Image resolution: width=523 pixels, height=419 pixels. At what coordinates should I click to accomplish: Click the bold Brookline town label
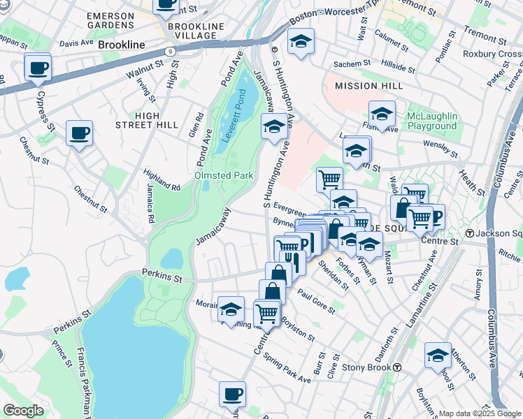122,45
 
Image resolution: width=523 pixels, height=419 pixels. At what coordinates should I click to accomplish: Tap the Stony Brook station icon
397,367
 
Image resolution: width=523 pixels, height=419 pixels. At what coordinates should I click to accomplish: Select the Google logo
23,410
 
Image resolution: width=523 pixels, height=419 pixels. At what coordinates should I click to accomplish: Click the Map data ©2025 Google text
480,413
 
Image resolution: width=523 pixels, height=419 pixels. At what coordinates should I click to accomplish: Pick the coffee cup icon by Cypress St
37,68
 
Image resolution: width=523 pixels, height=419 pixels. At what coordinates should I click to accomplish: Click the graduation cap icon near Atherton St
438,355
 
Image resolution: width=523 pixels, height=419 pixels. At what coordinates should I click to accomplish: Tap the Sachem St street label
351,64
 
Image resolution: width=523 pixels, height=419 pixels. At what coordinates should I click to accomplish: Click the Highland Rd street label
162,179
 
